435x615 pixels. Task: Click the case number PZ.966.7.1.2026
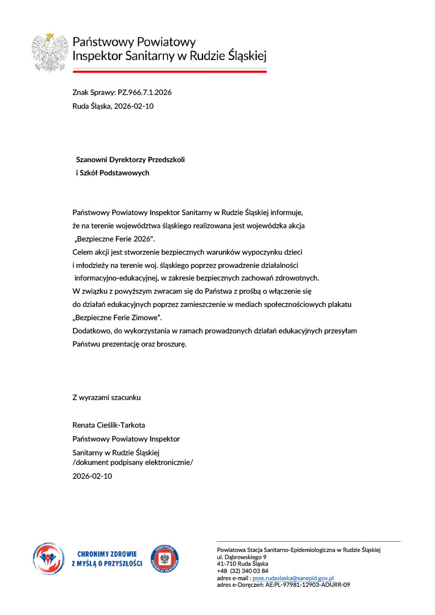[x=141, y=92]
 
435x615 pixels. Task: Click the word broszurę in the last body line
[x=170, y=344]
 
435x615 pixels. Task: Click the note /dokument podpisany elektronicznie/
[x=133, y=462]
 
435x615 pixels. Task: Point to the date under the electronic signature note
[x=92, y=476]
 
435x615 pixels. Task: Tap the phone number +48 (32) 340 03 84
[x=243, y=571]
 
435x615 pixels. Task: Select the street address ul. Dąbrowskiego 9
[x=242, y=557]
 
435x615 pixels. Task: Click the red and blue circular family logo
[x=48, y=558]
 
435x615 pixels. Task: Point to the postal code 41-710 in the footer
[x=226, y=563]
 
